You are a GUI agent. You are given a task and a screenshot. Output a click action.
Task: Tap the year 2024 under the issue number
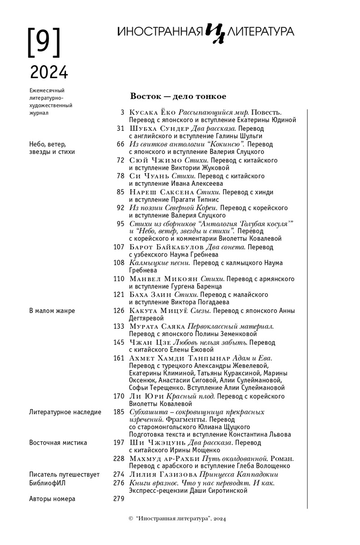(x=49, y=72)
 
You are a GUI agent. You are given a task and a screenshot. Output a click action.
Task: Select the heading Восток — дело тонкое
(x=178, y=96)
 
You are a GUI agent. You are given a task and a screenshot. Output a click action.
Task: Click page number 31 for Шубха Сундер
(x=120, y=129)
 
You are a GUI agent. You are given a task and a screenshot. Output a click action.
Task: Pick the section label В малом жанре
(x=52, y=311)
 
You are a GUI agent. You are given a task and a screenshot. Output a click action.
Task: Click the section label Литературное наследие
(x=65, y=412)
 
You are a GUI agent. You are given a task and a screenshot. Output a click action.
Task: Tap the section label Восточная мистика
(x=58, y=442)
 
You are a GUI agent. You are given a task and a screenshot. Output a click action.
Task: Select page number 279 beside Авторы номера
(x=118, y=499)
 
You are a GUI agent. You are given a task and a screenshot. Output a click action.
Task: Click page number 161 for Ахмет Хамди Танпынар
(x=118, y=358)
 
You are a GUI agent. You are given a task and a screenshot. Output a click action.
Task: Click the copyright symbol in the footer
(x=131, y=519)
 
